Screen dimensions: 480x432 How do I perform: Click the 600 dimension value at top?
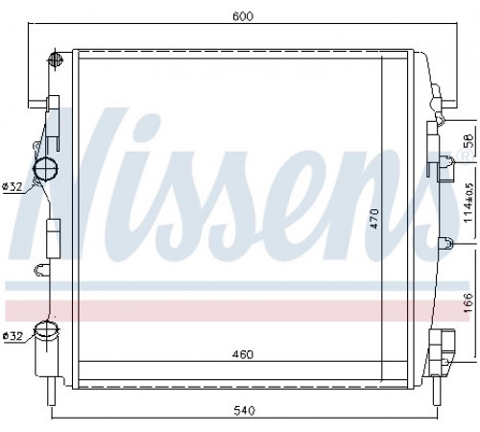[x=243, y=16]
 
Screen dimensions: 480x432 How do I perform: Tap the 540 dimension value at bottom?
[x=244, y=411]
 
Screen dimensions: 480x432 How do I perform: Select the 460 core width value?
[x=243, y=354]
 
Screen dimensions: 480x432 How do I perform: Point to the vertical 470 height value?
[x=374, y=218]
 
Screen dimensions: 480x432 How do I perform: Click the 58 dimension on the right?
[x=468, y=140]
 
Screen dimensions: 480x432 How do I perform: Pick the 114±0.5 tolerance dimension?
[x=468, y=203]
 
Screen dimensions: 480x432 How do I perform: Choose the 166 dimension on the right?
[x=468, y=302]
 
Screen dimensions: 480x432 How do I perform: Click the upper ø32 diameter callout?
[x=12, y=186]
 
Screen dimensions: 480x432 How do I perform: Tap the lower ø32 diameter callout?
[x=12, y=336]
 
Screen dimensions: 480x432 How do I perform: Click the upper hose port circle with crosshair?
[x=46, y=169]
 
